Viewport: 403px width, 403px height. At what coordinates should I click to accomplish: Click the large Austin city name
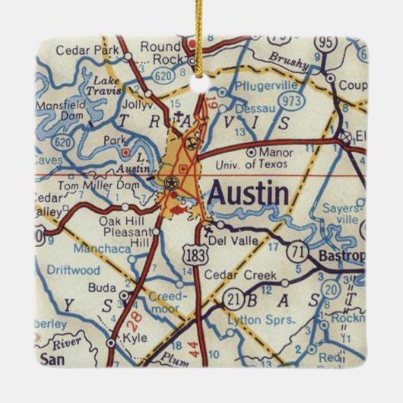tap(247, 195)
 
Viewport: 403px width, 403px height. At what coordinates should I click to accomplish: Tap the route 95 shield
tap(328, 43)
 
